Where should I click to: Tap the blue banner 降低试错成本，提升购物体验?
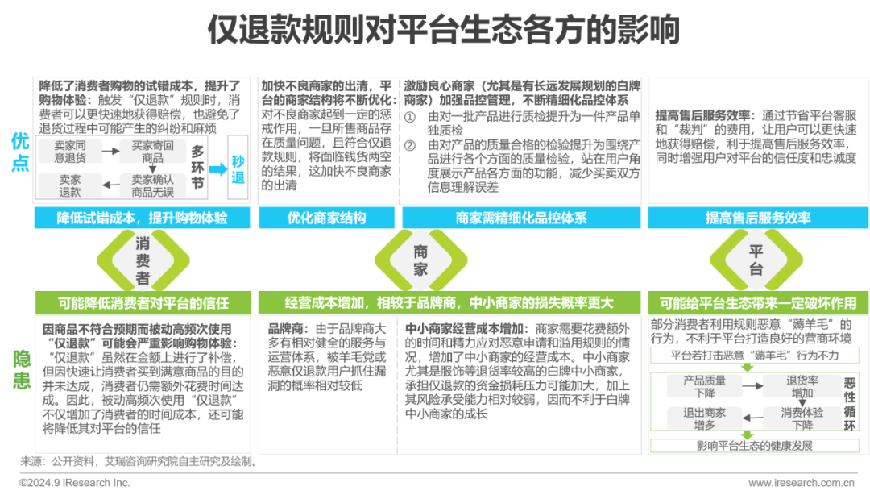point(142,218)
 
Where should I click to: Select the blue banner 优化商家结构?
point(326,218)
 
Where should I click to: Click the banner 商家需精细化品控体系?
point(522,218)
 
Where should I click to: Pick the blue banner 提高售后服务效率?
point(757,218)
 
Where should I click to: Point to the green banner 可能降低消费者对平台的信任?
point(143,303)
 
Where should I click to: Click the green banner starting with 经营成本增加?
point(449,303)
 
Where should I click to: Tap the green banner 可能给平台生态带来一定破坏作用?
point(757,303)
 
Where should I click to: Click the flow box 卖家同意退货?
point(71,151)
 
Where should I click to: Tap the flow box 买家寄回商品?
point(152,151)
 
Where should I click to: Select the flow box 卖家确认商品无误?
point(152,186)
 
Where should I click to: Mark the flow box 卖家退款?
point(71,186)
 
